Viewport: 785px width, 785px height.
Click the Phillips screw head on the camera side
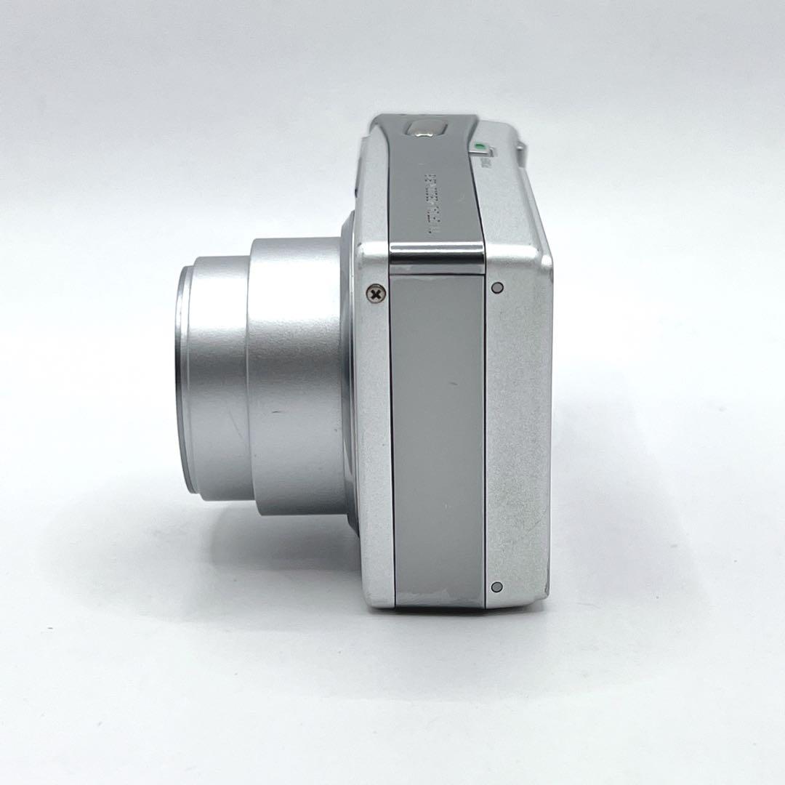pyautogui.click(x=375, y=294)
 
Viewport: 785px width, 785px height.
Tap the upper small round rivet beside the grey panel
pyautogui.click(x=496, y=287)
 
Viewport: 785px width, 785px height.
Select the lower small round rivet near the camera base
pyautogui.click(x=496, y=587)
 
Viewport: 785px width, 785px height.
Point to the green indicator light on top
pyautogui.click(x=478, y=146)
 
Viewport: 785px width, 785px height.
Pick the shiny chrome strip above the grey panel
pyautogui.click(x=436, y=254)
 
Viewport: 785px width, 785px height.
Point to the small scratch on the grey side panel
pyautogui.click(x=452, y=384)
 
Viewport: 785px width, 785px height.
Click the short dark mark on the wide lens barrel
pyautogui.click(x=277, y=412)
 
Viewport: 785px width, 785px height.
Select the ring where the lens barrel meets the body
pyautogui.click(x=350, y=378)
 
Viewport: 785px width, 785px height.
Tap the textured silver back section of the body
pyautogui.click(x=518, y=436)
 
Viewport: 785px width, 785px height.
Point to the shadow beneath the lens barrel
pyautogui.click(x=276, y=552)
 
